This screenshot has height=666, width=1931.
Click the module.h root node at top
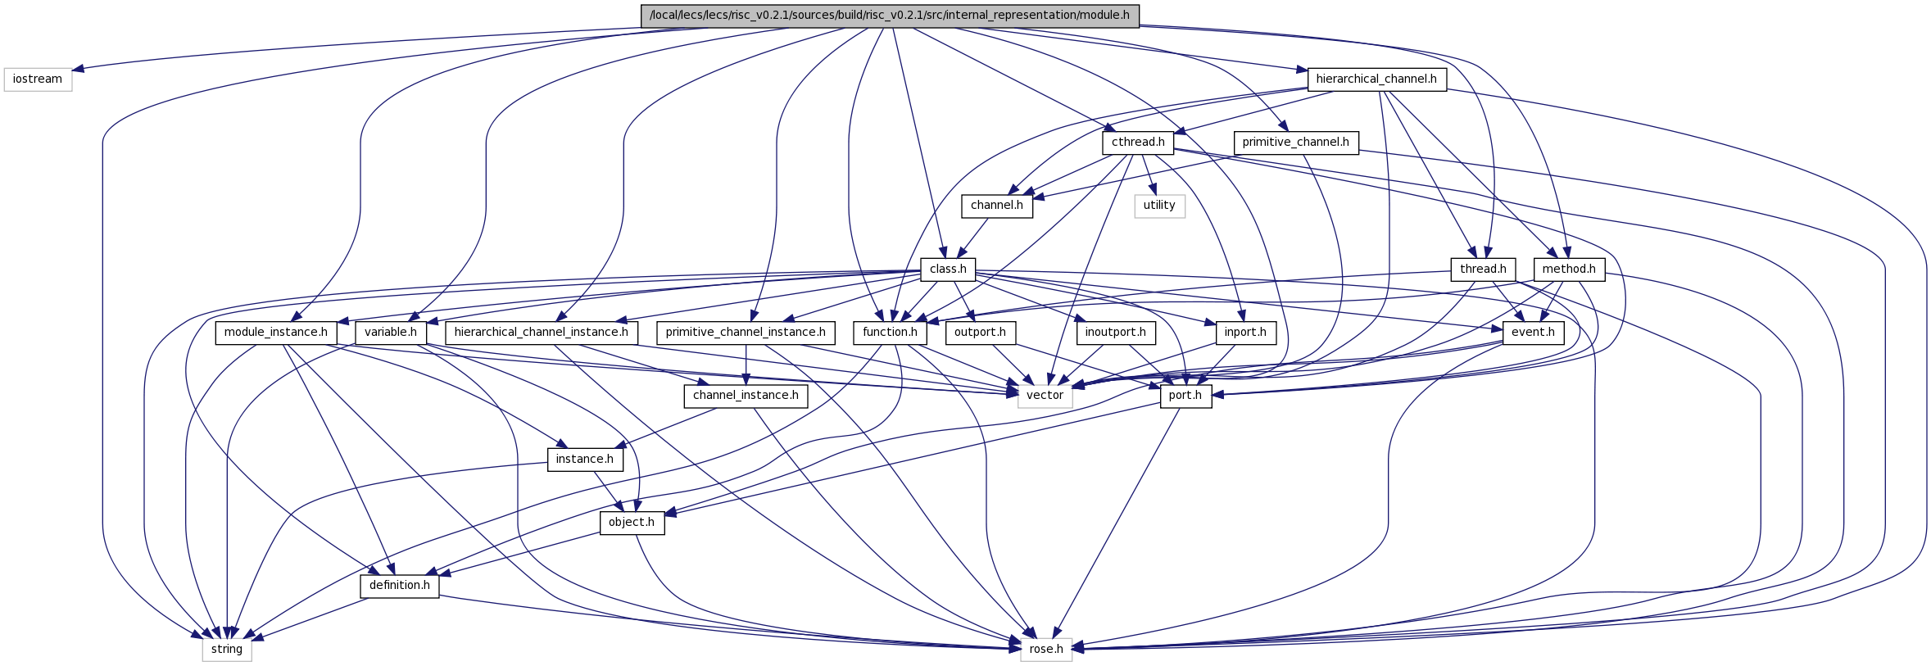[890, 16]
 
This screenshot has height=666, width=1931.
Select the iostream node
[38, 79]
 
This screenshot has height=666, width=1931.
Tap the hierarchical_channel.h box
[1376, 79]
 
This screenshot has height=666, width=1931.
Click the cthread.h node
[1138, 143]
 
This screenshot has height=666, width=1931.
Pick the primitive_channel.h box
[1295, 143]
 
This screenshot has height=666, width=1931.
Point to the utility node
[1159, 206]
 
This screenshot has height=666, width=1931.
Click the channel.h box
[997, 206]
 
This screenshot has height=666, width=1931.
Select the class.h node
[948, 270]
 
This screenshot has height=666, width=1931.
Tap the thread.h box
[1483, 270]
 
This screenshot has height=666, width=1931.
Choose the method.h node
[1569, 270]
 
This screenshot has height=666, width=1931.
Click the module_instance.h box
[276, 333]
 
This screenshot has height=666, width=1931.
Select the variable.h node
[391, 333]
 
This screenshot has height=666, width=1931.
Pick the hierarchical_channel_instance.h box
[542, 333]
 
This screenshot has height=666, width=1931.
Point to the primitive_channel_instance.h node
[746, 333]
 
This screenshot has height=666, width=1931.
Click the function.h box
[890, 333]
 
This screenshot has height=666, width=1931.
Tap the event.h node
[1533, 333]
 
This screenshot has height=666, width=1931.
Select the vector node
[1045, 396]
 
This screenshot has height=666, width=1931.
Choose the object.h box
[632, 523]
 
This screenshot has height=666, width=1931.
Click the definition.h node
[400, 586]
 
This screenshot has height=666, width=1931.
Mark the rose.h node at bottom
[1046, 650]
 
